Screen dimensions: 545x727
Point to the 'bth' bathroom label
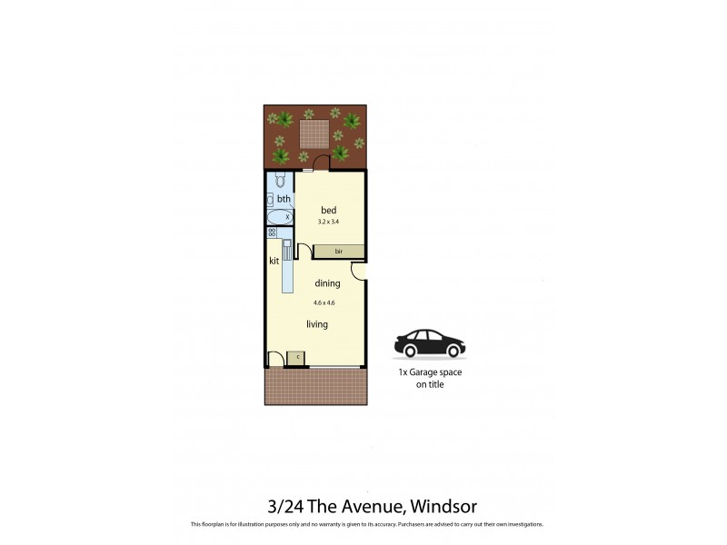[x=284, y=199]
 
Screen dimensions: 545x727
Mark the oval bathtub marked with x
[x=280, y=217]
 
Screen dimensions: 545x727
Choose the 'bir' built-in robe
[x=338, y=251]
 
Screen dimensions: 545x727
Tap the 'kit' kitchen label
[x=274, y=262]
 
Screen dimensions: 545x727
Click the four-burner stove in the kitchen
[x=273, y=233]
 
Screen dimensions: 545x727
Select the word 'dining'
[x=327, y=283]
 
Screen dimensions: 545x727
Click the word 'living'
[x=316, y=324]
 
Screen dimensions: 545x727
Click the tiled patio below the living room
[x=315, y=386]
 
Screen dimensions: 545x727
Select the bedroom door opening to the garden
[x=338, y=162]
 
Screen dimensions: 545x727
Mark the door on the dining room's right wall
[x=360, y=270]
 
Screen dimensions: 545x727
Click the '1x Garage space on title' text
[x=424, y=379]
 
